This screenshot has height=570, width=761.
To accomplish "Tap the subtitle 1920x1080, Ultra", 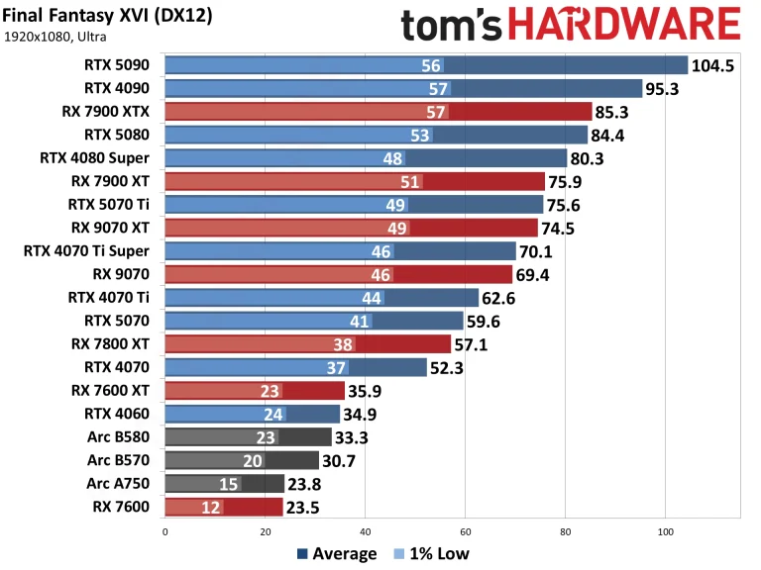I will coord(55,37).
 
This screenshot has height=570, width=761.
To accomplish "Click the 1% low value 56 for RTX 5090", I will coord(431,65).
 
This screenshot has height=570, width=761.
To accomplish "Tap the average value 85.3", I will coord(616,112).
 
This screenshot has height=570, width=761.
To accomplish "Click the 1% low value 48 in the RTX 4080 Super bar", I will coord(392,157).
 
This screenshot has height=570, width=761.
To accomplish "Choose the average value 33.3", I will coord(356,437).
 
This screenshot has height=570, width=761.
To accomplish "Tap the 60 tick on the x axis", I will coord(465,530).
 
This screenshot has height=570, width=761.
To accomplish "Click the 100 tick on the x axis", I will coord(665,530).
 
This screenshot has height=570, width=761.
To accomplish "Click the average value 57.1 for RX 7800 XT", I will coord(476,344).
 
